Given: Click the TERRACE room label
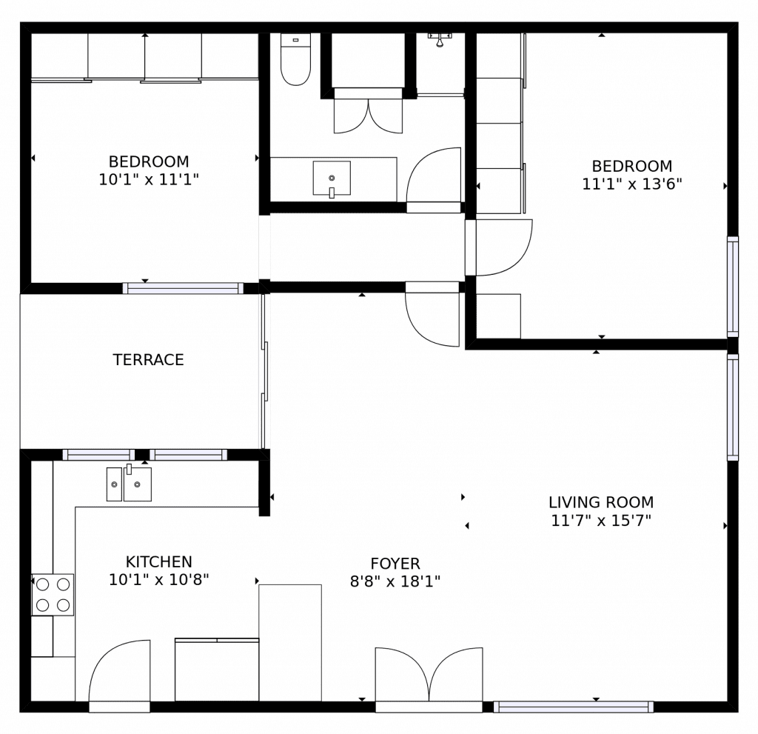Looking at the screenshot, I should [x=148, y=360].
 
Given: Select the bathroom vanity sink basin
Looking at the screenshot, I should [x=332, y=179].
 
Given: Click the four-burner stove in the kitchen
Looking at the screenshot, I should [x=53, y=595].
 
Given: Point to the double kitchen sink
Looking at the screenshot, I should [x=129, y=484].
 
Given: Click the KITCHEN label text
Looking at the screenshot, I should [x=158, y=562].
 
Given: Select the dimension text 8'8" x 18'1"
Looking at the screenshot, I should [x=395, y=581].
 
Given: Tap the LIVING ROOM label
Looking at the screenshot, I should [x=600, y=502].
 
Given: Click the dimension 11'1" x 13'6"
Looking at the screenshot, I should [x=631, y=184].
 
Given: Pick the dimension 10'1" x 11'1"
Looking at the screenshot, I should [x=149, y=179].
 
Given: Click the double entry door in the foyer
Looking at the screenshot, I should [x=429, y=675].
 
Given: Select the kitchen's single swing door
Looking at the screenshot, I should [x=119, y=671].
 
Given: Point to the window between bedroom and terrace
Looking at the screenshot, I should [x=183, y=288].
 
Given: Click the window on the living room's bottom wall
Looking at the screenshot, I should [x=574, y=707].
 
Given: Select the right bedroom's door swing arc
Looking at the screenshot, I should [x=503, y=247].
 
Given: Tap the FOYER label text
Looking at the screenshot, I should [x=395, y=564].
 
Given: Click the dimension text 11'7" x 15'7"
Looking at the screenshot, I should [x=600, y=520].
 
